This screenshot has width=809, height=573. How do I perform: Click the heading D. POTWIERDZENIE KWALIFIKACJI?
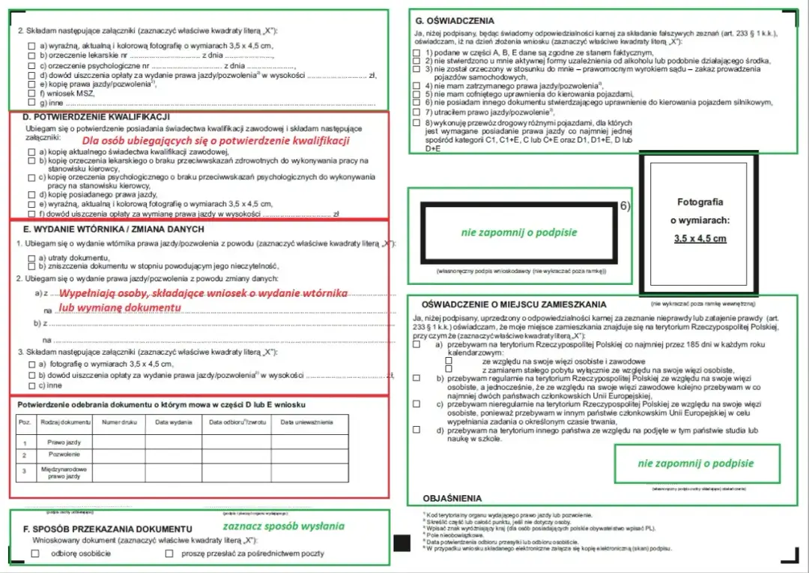point(96,117)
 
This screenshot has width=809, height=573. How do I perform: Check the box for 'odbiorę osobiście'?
point(35,553)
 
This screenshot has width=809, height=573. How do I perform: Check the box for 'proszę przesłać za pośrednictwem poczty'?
point(169,553)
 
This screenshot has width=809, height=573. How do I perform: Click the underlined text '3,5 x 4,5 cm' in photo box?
point(700,238)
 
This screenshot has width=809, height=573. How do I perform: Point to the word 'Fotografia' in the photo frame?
point(700,202)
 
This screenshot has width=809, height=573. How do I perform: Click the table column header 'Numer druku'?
point(118,422)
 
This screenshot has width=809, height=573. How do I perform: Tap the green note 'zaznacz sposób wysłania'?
point(283,526)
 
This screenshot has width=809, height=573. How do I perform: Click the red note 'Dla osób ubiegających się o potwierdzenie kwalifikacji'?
point(216,140)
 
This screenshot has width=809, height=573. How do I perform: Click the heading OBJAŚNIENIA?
point(452,498)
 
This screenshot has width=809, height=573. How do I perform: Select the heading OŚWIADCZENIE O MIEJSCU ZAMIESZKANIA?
point(514,305)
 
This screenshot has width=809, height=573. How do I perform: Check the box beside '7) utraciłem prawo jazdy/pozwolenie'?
point(416,112)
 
